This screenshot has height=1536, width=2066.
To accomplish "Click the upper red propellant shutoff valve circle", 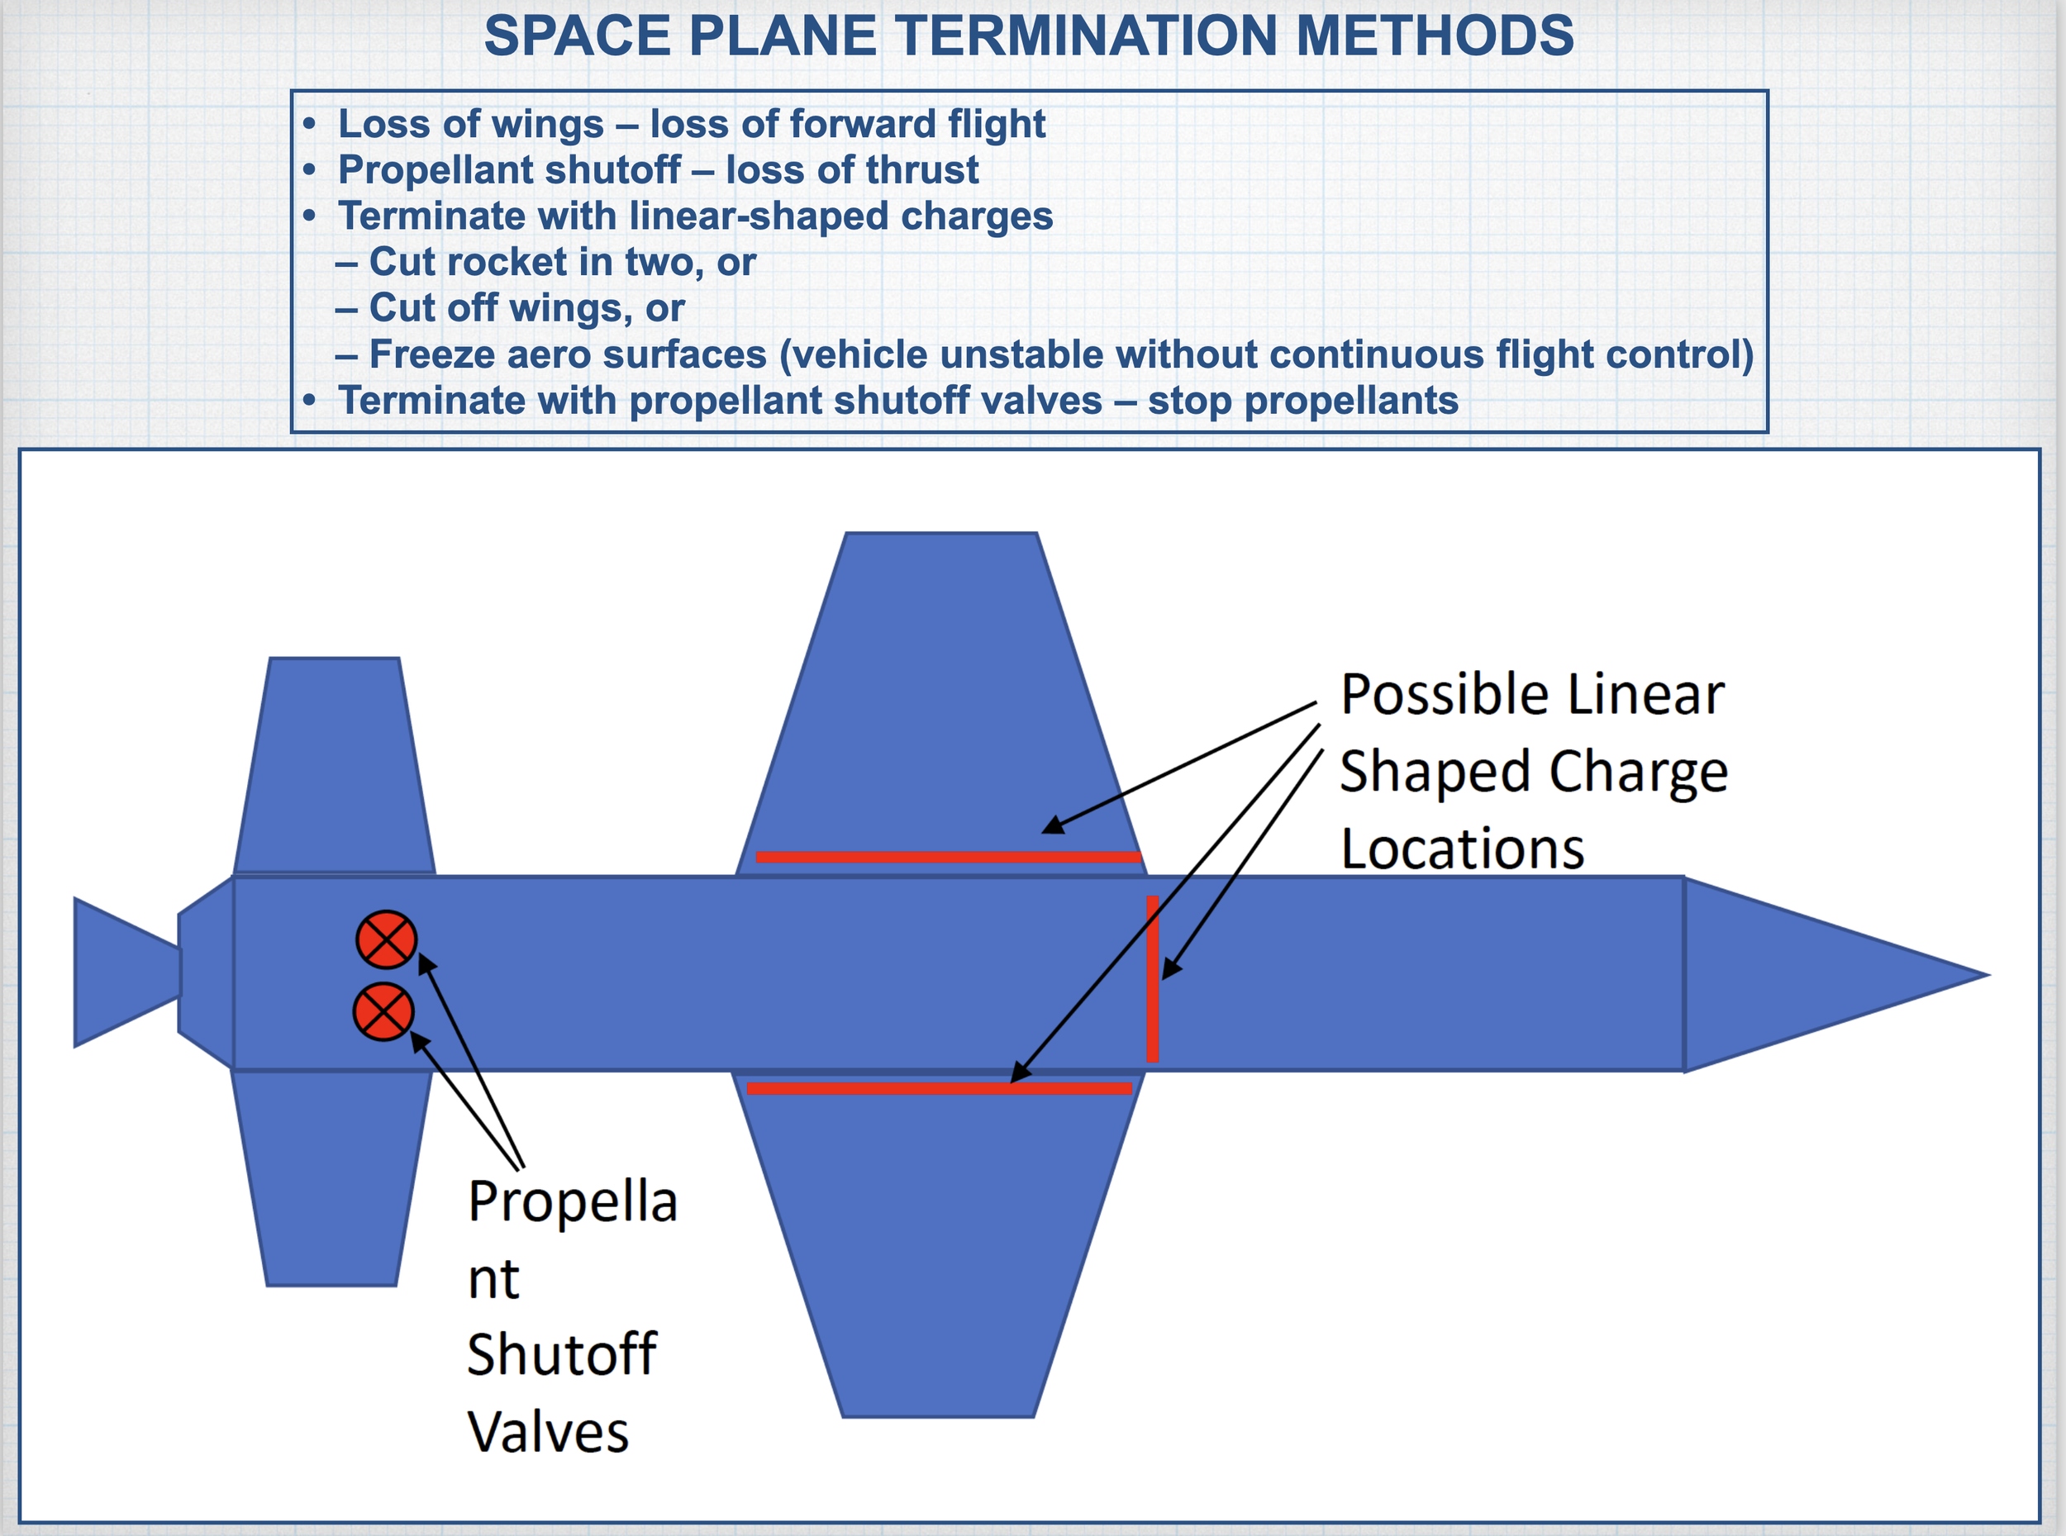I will click(x=387, y=939).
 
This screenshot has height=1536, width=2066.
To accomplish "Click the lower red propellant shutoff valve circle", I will click(x=384, y=1011).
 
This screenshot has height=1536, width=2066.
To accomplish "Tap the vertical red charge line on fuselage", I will click(x=1152, y=979).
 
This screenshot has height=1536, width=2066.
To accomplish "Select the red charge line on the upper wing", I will click(x=949, y=856).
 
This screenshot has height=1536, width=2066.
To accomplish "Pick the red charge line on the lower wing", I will click(x=939, y=1088).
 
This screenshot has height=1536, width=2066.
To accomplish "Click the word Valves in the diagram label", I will click(x=549, y=1431).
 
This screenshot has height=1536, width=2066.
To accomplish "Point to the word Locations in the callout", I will click(x=1463, y=848).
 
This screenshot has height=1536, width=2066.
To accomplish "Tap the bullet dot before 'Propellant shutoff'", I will click(x=310, y=170).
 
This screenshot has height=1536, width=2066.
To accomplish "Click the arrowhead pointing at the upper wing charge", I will click(x=1054, y=825).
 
